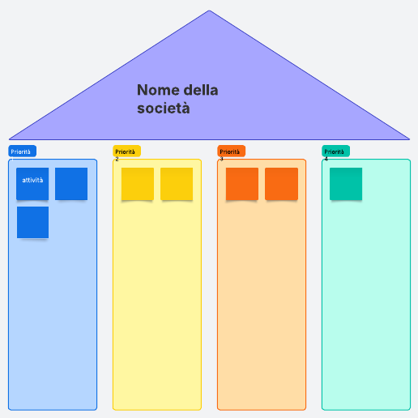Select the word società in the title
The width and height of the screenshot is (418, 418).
point(164,108)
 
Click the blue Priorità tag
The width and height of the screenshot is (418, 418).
point(22,151)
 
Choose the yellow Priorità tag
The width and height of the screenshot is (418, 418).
point(126,151)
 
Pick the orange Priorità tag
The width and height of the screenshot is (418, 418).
point(231,151)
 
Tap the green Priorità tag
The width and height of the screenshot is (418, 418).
point(335,151)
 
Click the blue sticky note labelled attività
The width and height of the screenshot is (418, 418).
point(32,184)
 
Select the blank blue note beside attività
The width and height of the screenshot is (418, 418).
point(71,184)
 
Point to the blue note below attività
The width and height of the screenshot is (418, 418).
point(32,223)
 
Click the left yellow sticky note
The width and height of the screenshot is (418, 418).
point(138,184)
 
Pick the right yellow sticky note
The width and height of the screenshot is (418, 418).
point(177,184)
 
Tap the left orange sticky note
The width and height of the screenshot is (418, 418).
point(242,184)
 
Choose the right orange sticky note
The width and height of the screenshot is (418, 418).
point(281,184)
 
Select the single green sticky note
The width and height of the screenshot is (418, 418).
point(346,184)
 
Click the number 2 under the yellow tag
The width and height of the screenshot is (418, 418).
point(117,159)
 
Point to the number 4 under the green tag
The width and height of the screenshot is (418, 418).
point(326,159)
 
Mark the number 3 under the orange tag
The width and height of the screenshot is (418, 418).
point(221,159)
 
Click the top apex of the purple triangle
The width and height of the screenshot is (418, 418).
point(209,11)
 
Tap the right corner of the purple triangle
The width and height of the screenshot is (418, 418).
point(409,139)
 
